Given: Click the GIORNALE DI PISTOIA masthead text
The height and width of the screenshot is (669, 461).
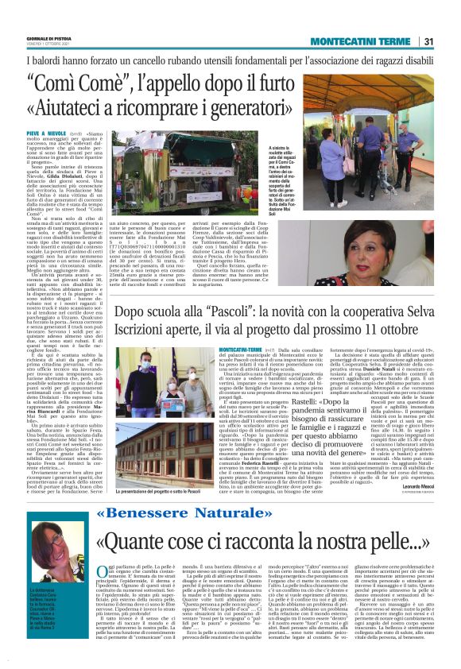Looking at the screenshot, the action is point(48,39).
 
